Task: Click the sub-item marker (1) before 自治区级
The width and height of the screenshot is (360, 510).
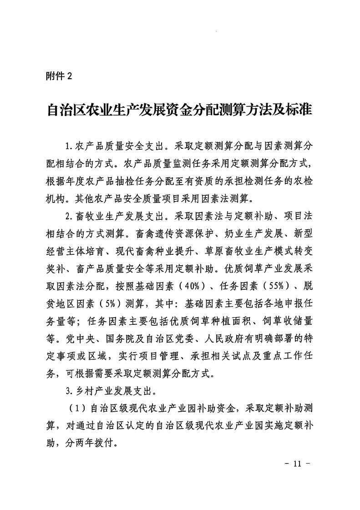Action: click(x=75, y=407)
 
